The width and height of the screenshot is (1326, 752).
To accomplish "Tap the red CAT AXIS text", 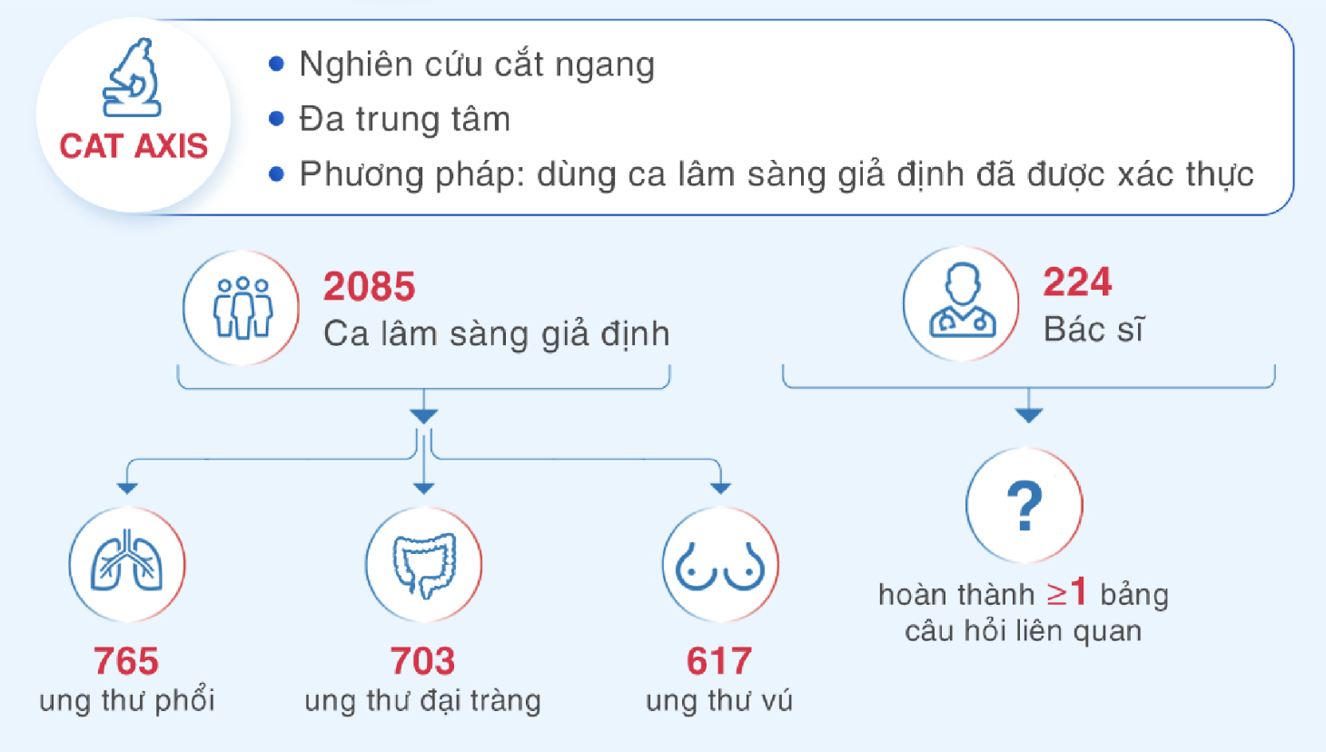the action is pos(134,146).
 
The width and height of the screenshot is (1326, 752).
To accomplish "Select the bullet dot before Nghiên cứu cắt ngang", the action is pos(276,64).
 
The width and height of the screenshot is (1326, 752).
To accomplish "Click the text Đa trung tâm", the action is pos(404,118).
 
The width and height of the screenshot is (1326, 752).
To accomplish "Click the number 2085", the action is pos(370,287).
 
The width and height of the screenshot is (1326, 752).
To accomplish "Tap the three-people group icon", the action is pos(242,308).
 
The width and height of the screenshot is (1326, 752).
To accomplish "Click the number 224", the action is pos(1077,282).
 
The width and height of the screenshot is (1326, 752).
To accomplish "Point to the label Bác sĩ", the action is pos(1093,329).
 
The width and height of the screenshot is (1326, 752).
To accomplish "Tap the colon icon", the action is pos(424,565).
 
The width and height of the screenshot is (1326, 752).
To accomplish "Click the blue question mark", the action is pos(1024,505).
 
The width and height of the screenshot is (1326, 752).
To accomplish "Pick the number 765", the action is pos(126,661).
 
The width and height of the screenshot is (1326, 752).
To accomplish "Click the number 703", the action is pos(422,661).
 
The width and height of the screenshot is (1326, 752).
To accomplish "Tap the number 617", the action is pos(719,661).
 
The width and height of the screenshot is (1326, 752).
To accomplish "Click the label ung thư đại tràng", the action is pos(422,701).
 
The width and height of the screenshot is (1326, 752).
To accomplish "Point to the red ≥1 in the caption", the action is pos(1067,592).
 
